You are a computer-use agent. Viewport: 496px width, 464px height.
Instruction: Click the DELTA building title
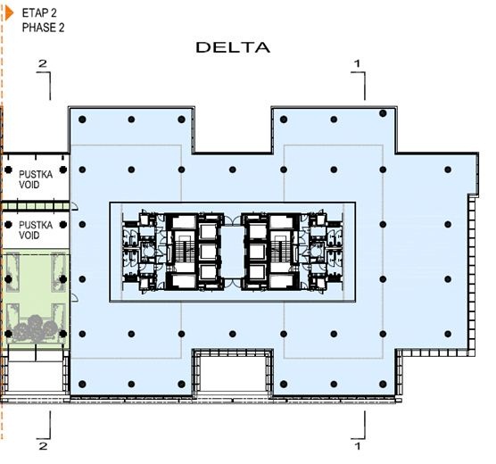(x=233, y=47)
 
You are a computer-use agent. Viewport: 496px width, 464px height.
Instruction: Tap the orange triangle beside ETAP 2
(x=10, y=13)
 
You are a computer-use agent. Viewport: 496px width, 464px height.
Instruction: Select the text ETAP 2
(x=39, y=13)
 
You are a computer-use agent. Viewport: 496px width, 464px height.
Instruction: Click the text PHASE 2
(x=44, y=28)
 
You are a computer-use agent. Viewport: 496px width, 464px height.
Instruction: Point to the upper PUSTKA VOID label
(x=36, y=179)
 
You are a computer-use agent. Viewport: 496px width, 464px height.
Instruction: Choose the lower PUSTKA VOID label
(x=36, y=230)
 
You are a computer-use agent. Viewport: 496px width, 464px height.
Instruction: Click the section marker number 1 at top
(x=357, y=63)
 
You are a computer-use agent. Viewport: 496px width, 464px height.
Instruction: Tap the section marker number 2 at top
(x=43, y=63)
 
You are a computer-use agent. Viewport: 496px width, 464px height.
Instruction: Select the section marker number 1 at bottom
(x=357, y=446)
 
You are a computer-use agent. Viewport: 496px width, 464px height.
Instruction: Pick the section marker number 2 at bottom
(x=43, y=446)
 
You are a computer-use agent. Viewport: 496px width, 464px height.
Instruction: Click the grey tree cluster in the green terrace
(x=36, y=327)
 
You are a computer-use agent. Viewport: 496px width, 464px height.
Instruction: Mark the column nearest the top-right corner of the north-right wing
(x=383, y=113)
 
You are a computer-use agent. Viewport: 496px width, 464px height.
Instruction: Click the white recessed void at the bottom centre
(x=233, y=374)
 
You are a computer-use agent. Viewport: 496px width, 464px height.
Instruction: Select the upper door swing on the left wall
(x=74, y=206)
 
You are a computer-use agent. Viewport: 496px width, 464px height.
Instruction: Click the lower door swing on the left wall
(x=74, y=297)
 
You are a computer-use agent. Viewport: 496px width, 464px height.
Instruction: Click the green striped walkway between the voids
(x=36, y=206)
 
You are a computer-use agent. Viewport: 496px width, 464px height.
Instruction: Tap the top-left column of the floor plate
(x=82, y=120)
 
